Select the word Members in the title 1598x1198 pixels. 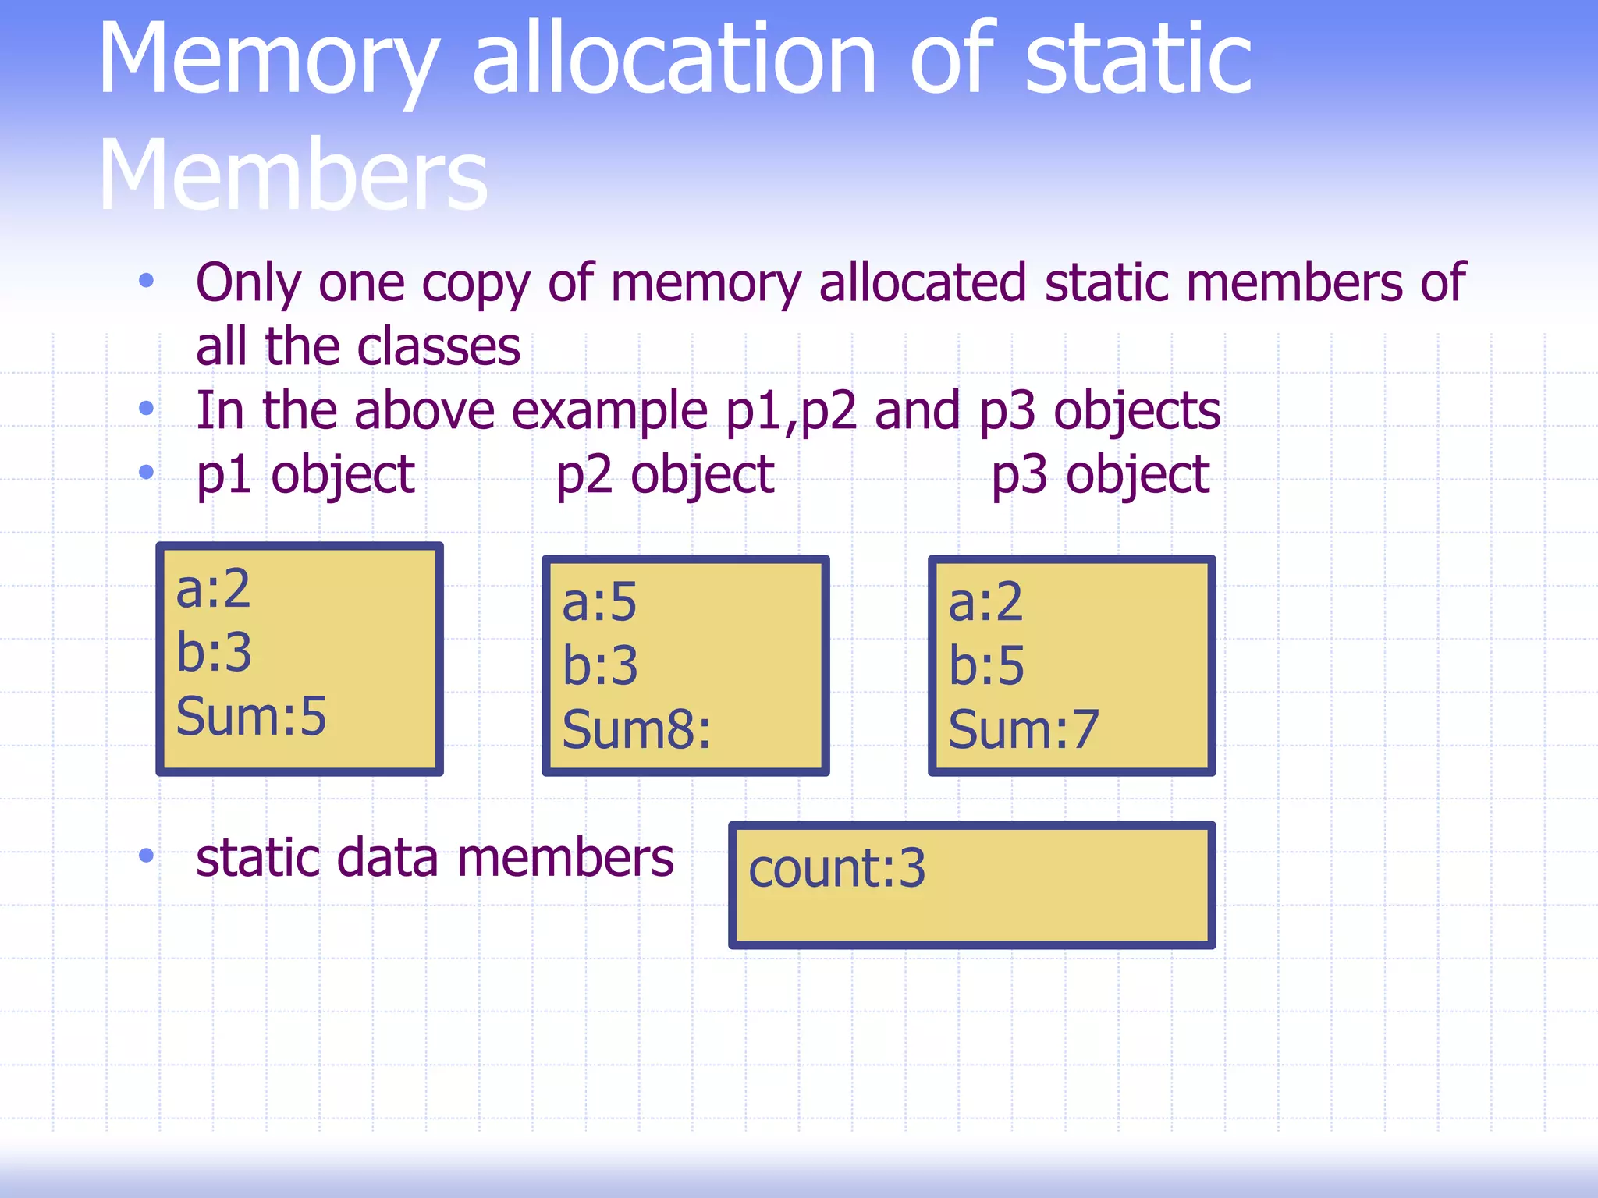293,176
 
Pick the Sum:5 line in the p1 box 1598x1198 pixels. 250,716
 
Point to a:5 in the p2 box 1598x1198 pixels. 599,603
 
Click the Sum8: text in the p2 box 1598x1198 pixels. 636,730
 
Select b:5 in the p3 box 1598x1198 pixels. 985,666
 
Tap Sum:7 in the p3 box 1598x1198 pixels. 1023,730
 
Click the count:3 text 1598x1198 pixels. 836,869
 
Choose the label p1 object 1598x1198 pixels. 305,475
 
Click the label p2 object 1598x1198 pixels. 665,475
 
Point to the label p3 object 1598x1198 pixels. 1100,475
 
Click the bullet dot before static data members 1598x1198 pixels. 146,856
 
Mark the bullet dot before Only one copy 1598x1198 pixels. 146,281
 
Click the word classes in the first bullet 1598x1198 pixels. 436,347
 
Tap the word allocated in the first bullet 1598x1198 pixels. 922,282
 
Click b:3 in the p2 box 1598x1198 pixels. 599,666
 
